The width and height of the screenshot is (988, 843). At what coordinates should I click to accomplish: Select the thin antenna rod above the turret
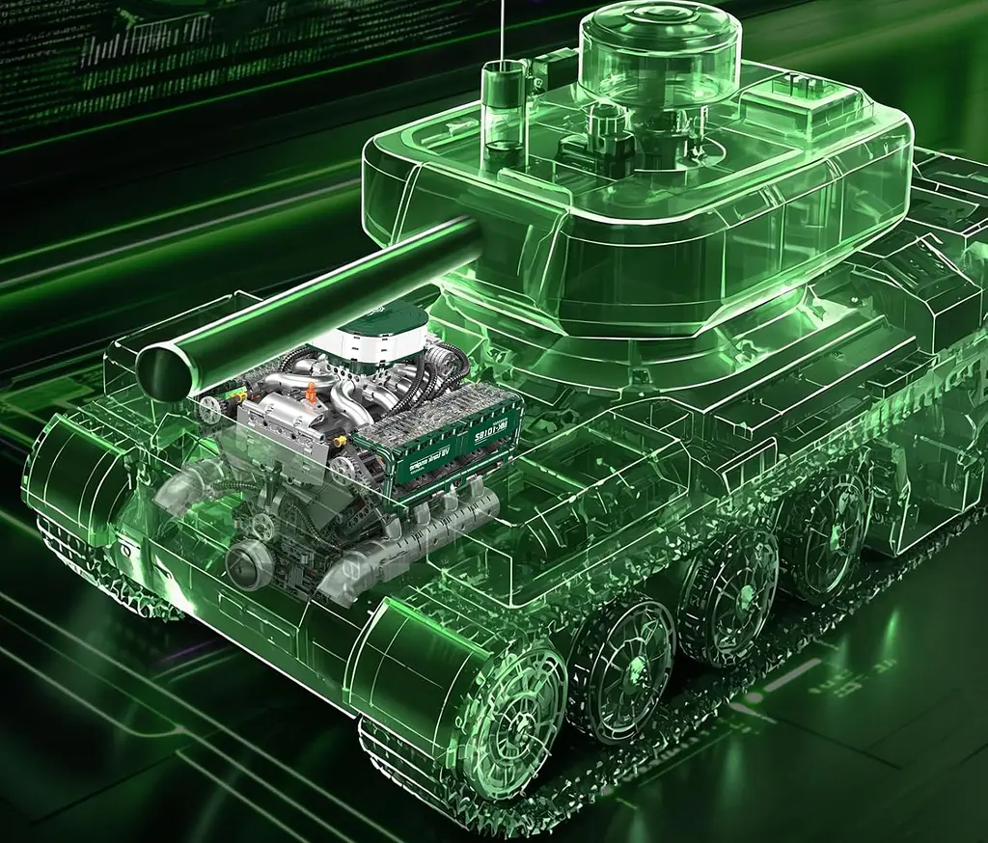(x=503, y=29)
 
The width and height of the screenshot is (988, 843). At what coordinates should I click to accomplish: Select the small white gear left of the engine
(x=206, y=410)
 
